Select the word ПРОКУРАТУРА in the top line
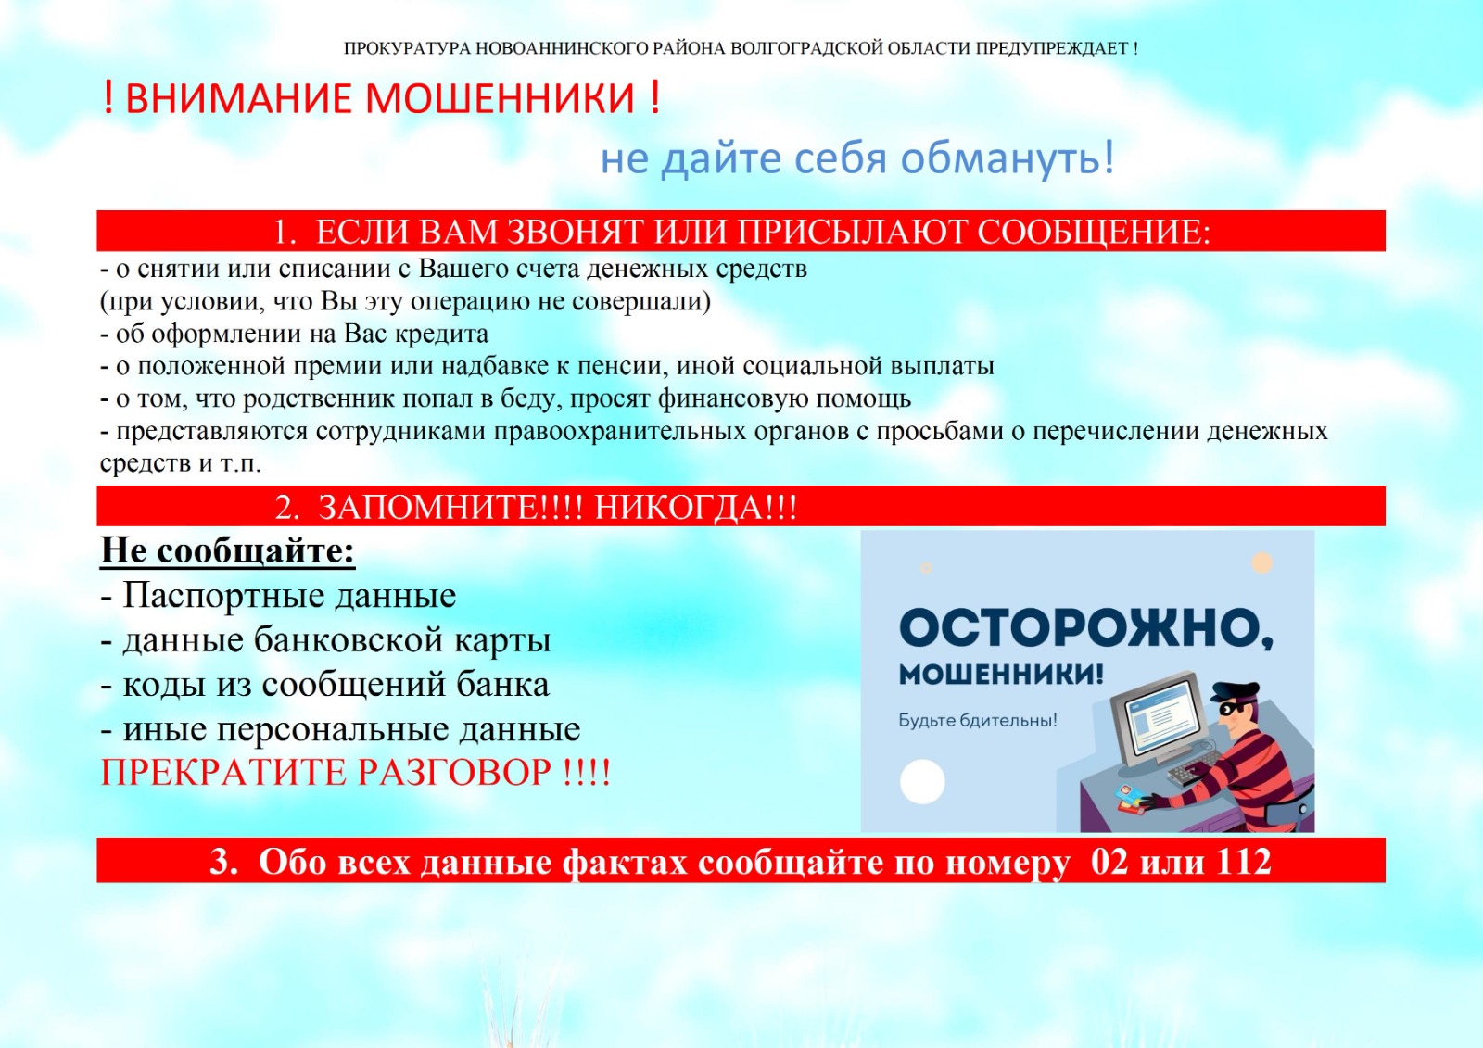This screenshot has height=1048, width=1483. tap(407, 48)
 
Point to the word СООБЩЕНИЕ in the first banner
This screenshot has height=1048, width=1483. tap(1095, 233)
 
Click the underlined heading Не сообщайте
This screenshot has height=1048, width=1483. tap(227, 549)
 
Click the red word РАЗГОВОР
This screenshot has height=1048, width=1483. tap(455, 772)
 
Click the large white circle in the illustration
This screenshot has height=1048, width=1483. tap(922, 782)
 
